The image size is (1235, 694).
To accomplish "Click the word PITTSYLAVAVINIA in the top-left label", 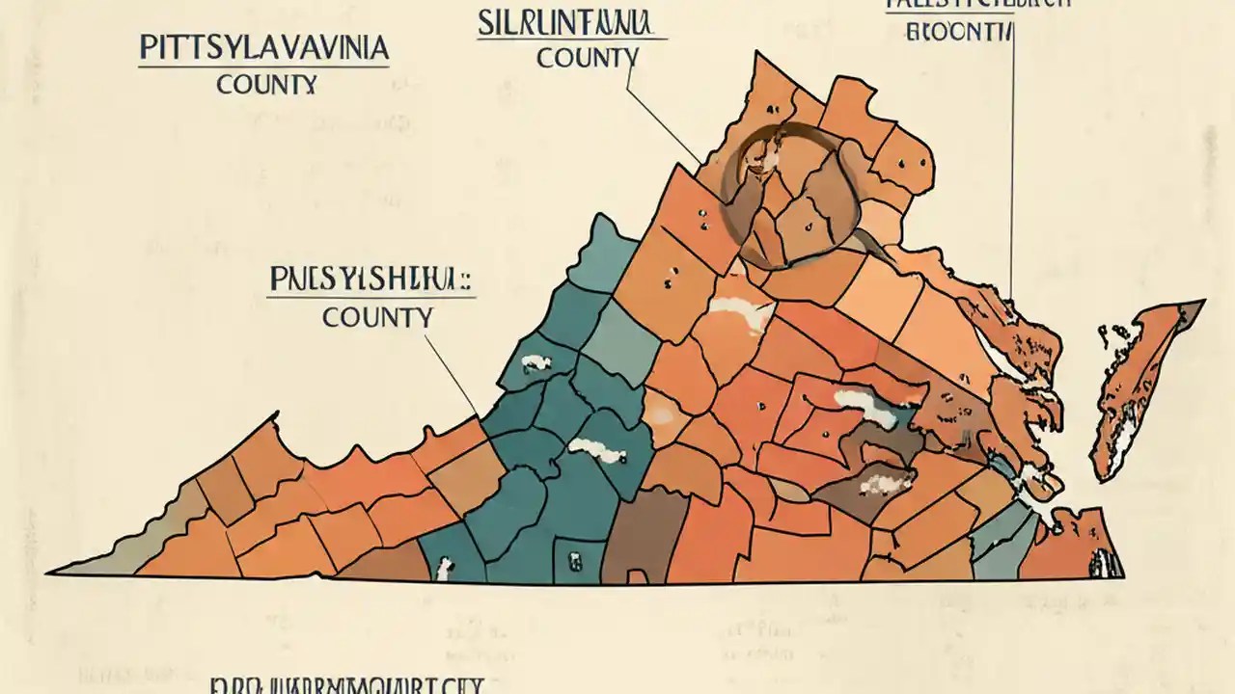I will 263,49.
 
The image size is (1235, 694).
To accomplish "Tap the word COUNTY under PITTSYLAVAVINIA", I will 266,85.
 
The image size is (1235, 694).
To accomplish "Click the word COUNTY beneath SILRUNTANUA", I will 587,58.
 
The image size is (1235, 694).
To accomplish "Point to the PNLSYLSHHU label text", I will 370,280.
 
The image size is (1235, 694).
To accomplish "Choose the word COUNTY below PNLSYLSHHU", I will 377,316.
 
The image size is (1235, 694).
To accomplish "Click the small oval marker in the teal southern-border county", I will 574,559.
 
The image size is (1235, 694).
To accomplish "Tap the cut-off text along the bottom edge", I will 347,685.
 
